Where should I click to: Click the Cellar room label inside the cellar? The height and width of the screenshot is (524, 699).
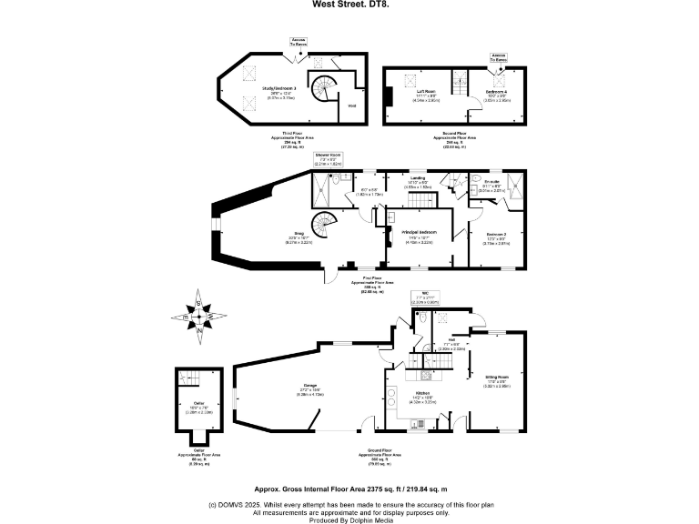199,408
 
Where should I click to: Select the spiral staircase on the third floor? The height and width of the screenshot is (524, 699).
322,92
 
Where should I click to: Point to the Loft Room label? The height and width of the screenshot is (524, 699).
426,91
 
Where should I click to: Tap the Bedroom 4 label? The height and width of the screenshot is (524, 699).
496,91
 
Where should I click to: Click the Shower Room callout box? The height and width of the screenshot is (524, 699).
328,160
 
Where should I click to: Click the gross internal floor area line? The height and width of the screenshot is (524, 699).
349,488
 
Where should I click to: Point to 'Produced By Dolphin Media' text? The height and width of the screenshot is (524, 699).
349,519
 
